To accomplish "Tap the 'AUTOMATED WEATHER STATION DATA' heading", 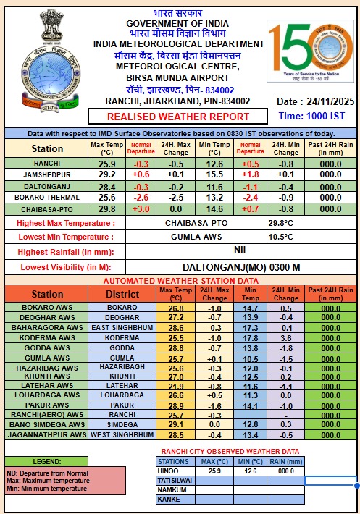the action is click(180, 280).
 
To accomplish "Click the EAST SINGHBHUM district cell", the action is click(122, 328).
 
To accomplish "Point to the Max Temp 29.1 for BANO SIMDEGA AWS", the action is click(176, 424).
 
